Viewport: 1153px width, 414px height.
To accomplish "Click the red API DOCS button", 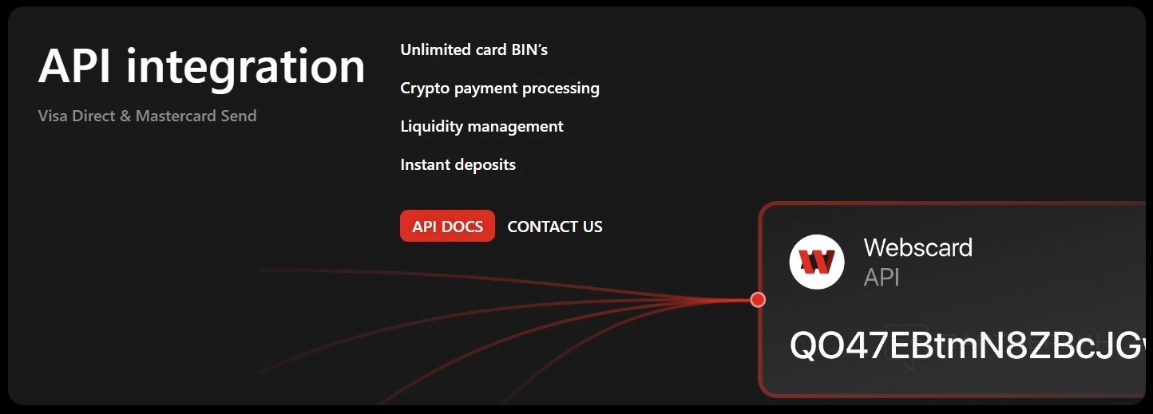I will point(447,226).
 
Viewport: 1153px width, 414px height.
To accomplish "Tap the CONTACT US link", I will point(555,227).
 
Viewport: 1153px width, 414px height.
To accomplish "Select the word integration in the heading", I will point(245,67).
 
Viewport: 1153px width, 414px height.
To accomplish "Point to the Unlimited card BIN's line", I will point(473,49).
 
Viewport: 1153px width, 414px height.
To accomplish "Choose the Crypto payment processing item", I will point(500,88).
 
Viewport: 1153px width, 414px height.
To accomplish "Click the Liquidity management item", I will point(481,126).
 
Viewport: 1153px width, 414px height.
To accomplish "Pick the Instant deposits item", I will point(458,164).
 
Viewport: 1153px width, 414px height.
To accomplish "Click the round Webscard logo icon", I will point(817,261).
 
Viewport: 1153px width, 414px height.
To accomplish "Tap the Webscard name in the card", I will point(917,247).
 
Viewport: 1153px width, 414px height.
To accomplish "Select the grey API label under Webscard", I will point(882,277).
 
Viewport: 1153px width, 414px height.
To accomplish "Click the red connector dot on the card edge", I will point(758,299).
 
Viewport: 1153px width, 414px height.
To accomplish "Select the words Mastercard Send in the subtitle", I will point(196,116).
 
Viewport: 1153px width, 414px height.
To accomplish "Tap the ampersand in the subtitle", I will point(125,116).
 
